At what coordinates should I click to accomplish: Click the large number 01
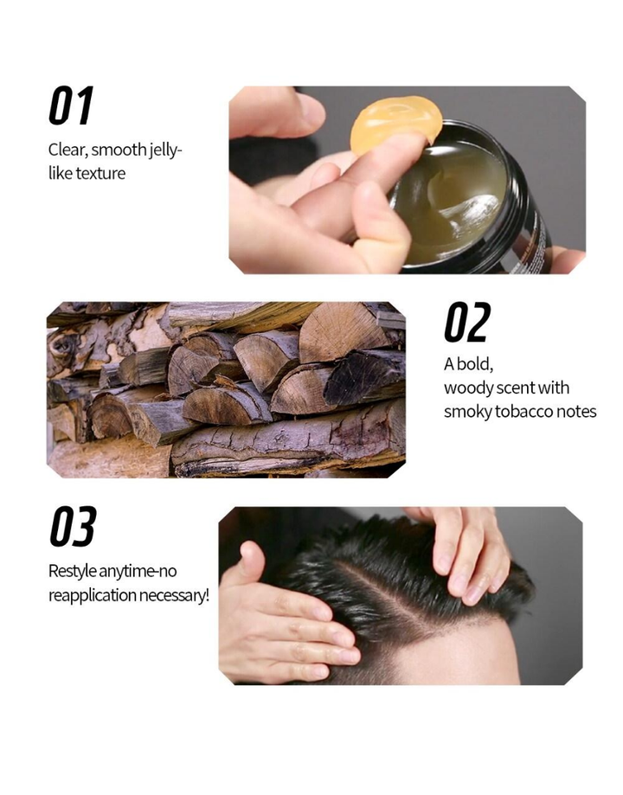click(71, 106)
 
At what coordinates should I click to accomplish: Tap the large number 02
click(467, 322)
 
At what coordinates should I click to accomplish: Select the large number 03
click(73, 526)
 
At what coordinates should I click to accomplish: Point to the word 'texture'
click(100, 173)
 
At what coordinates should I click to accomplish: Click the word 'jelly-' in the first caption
click(165, 151)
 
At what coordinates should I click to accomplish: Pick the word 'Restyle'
click(73, 571)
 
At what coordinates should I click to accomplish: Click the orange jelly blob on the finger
click(395, 125)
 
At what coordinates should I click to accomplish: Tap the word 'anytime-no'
click(138, 572)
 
